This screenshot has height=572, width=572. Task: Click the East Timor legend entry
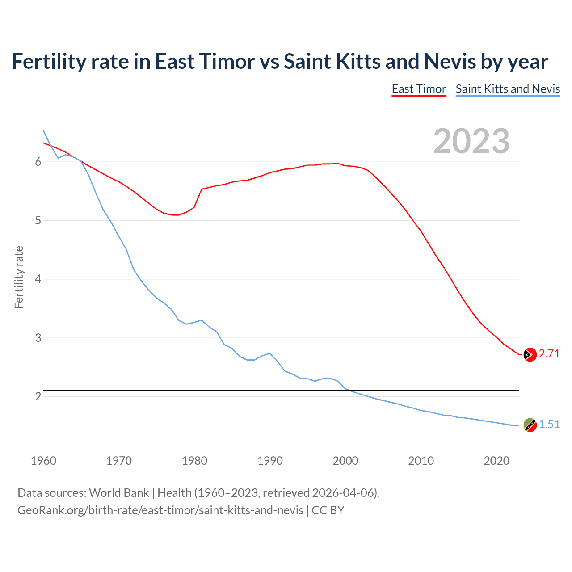point(419,89)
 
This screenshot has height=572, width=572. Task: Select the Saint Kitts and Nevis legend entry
point(508,89)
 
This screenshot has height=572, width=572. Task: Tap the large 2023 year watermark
point(471,141)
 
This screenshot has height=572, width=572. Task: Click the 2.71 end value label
point(549,354)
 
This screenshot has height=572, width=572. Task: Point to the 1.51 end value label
point(549,424)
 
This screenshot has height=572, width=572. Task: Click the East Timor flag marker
point(530,354)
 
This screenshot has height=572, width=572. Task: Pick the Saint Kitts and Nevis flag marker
point(530,425)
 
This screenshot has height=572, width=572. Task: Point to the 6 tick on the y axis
point(38,162)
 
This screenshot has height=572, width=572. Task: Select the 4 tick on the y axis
point(38,279)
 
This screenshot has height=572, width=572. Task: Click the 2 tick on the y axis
point(38,396)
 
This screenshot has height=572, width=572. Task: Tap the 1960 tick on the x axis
point(43,461)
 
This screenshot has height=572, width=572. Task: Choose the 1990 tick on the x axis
point(270,461)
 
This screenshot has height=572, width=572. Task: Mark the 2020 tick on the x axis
point(496,461)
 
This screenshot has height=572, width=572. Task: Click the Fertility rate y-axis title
point(19,277)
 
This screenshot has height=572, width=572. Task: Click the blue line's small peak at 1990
point(269,353)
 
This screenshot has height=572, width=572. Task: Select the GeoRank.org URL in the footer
point(160,510)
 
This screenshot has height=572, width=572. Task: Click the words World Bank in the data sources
point(119,493)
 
